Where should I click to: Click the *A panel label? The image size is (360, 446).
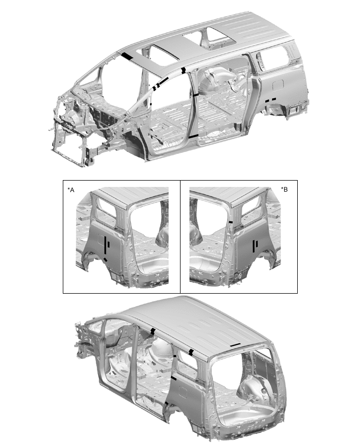click(71, 189)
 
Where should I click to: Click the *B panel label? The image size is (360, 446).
click(284, 189)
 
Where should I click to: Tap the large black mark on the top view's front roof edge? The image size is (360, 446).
click(127, 57)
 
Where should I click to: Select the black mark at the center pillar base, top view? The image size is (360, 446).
click(193, 137)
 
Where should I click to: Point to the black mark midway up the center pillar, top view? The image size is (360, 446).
click(196, 95)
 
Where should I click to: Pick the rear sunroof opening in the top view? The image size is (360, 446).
click(218, 38)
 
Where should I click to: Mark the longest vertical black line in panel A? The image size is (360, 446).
click(105, 245)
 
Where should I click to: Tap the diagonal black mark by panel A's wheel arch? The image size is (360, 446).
click(106, 260)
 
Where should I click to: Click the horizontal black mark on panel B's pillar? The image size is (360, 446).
click(231, 222)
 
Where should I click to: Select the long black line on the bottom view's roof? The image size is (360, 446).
click(235, 345)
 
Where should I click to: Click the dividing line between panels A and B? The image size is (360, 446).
click(181, 237)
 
